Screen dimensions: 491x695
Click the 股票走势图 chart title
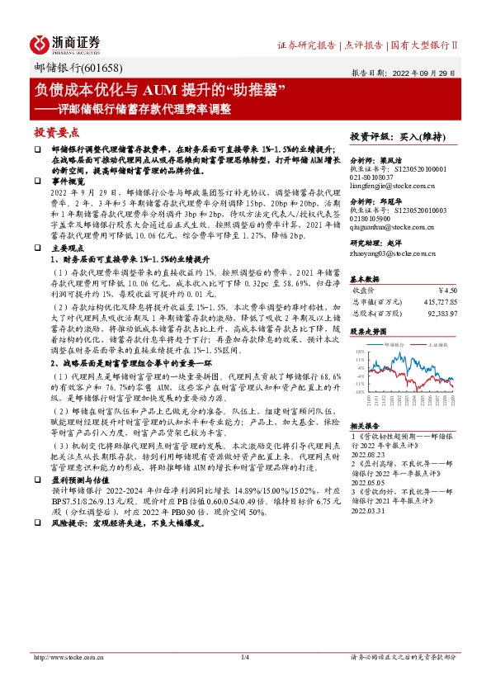click(369, 331)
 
